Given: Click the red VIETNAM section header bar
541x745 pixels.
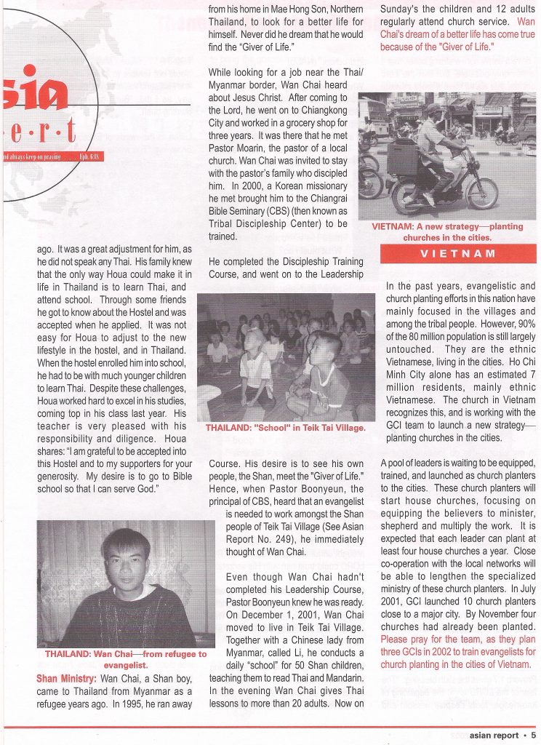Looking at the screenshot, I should pyautogui.click(x=458, y=253).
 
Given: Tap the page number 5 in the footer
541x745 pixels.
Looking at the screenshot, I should pyautogui.click(x=533, y=735).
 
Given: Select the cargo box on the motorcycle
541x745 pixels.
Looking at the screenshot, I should pyautogui.click(x=403, y=158).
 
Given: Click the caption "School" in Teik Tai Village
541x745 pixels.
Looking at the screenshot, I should pyautogui.click(x=285, y=428).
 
